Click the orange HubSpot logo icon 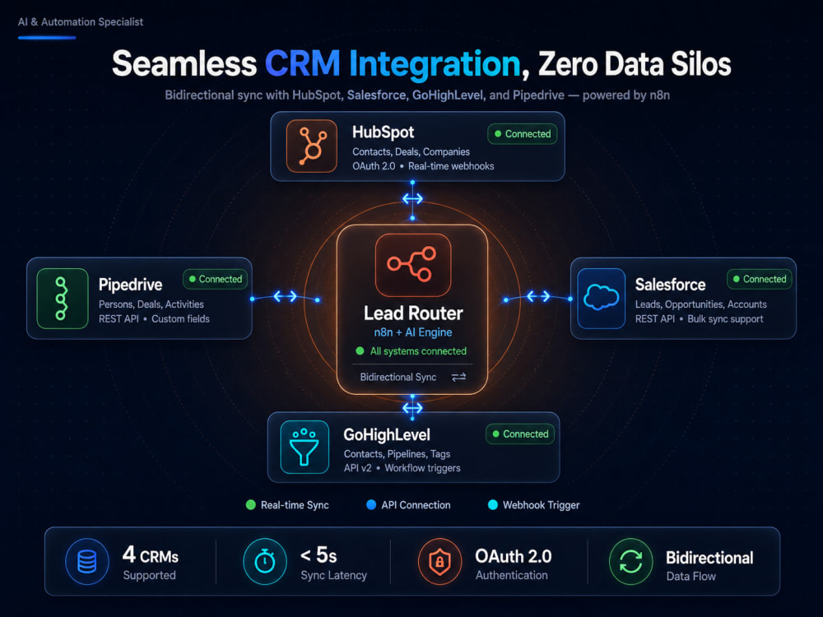[x=312, y=146]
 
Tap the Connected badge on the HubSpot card [x=523, y=134]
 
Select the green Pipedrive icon [x=63, y=299]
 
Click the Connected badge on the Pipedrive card [x=215, y=279]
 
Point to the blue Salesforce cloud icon [x=602, y=298]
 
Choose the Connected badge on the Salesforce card [x=760, y=279]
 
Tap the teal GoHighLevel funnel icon [x=305, y=447]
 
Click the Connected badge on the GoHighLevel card [x=520, y=434]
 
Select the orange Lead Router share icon [x=413, y=265]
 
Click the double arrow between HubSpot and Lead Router [x=412, y=199]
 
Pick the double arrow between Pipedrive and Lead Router [x=285, y=297]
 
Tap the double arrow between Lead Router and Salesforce [x=538, y=296]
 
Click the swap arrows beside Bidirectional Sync [x=458, y=377]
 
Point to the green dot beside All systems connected [x=360, y=351]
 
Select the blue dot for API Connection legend [x=371, y=505]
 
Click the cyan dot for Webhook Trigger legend [x=493, y=505]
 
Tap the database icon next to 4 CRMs [x=87, y=561]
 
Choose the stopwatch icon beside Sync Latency [x=265, y=561]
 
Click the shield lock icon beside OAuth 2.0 [x=439, y=561]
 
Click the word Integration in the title [x=435, y=64]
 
